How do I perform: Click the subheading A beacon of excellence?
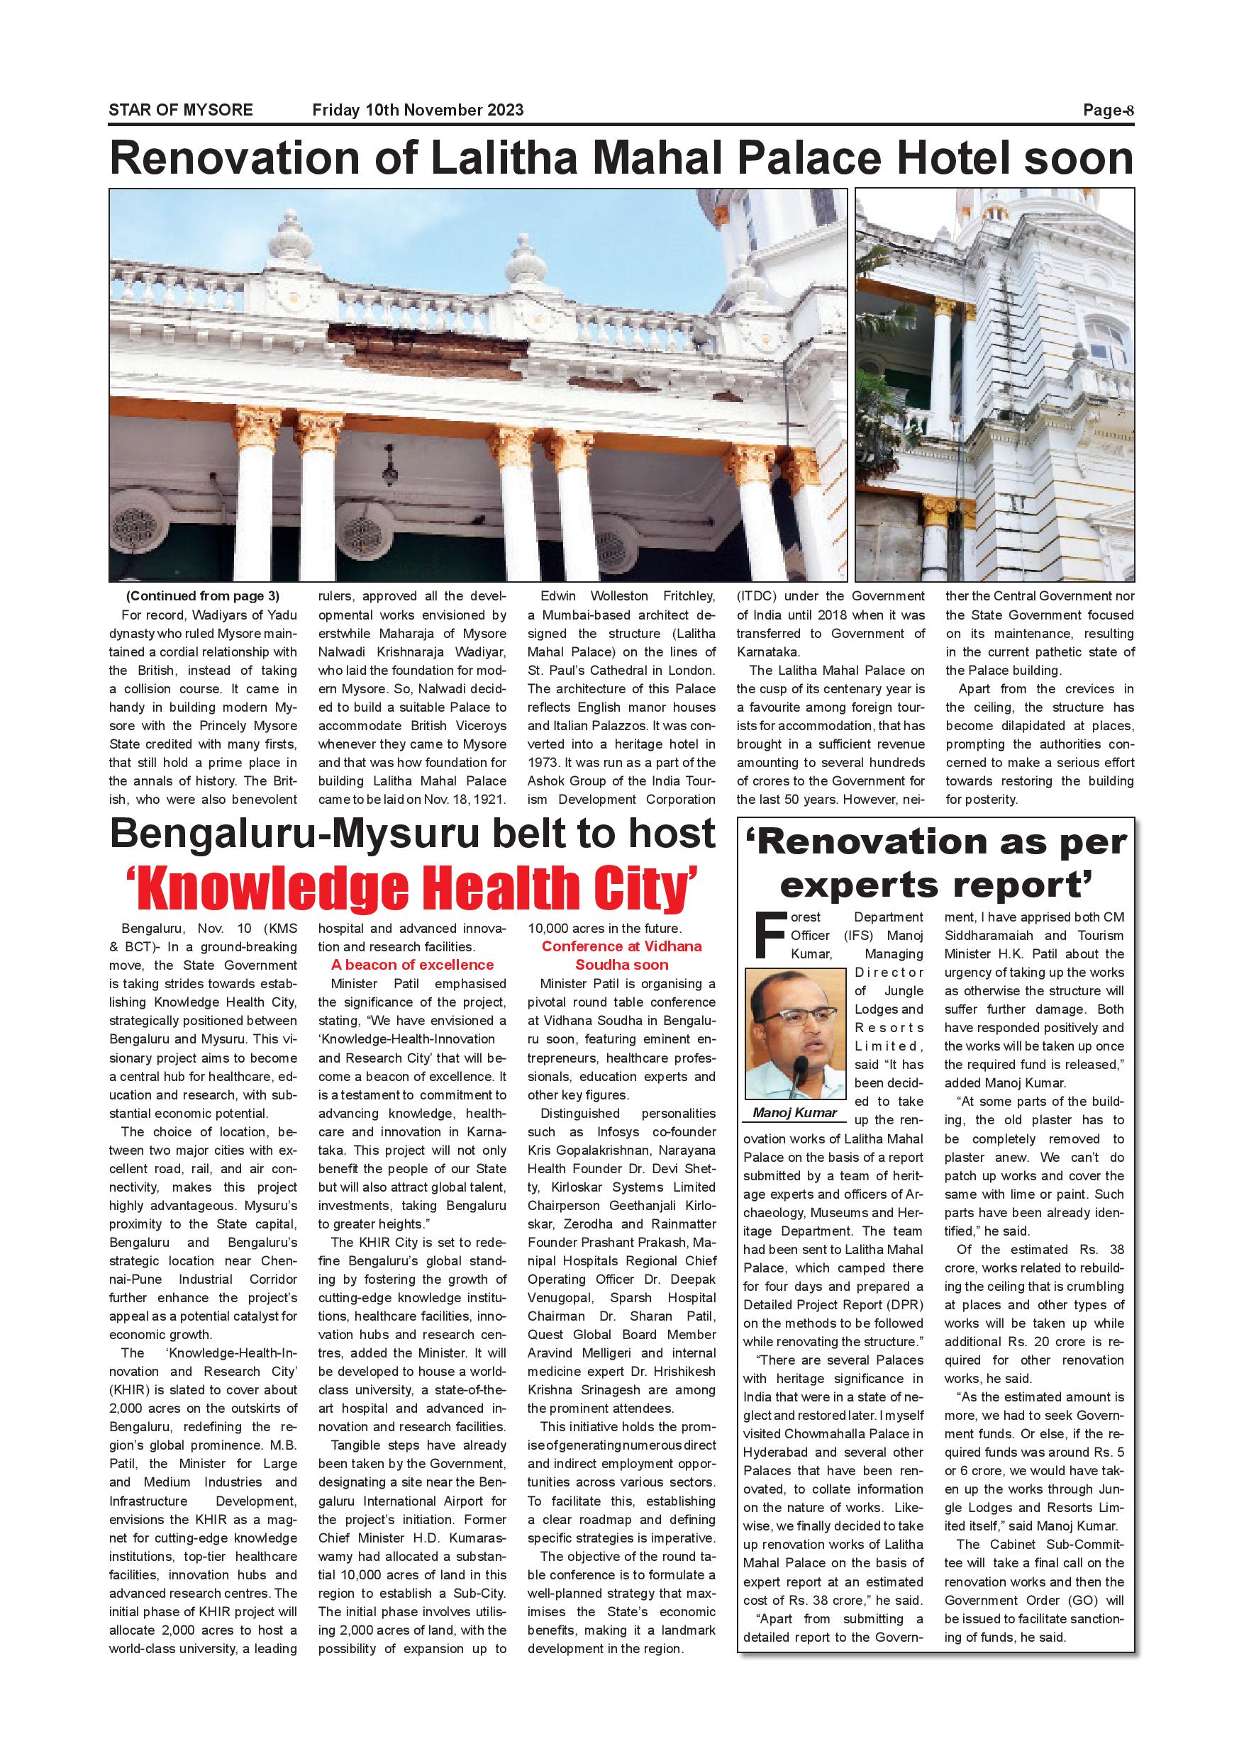pyautogui.click(x=412, y=965)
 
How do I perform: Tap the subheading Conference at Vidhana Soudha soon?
pyautogui.click(x=621, y=956)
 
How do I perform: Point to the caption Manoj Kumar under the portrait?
pyautogui.click(x=795, y=1112)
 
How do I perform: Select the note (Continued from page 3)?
pyautogui.click(x=203, y=596)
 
